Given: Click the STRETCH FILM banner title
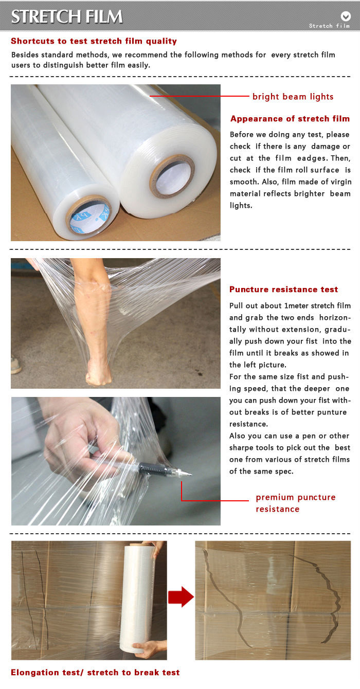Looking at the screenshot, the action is pyautogui.click(x=67, y=16).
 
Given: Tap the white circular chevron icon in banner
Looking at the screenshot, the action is pyautogui.click(x=346, y=16).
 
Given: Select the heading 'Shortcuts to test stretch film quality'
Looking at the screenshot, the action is pyautogui.click(x=94, y=41).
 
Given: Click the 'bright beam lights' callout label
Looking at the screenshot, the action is pyautogui.click(x=293, y=97).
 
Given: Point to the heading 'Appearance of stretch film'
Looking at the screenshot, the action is pyautogui.click(x=290, y=119).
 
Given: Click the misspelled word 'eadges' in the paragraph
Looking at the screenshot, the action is pyautogui.click(x=313, y=158).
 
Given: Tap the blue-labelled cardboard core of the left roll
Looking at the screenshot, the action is pyautogui.click(x=90, y=215).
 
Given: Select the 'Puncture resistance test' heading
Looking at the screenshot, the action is pyautogui.click(x=284, y=289).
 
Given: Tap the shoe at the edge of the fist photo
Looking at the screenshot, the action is pyautogui.click(x=16, y=365).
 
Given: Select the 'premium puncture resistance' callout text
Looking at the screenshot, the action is pyautogui.click(x=295, y=503).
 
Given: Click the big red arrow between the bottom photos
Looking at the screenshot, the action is pyautogui.click(x=181, y=597).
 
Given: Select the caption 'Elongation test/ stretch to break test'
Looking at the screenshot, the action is pyautogui.click(x=95, y=673).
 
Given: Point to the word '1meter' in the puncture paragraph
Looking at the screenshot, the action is pyautogui.click(x=296, y=306).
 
